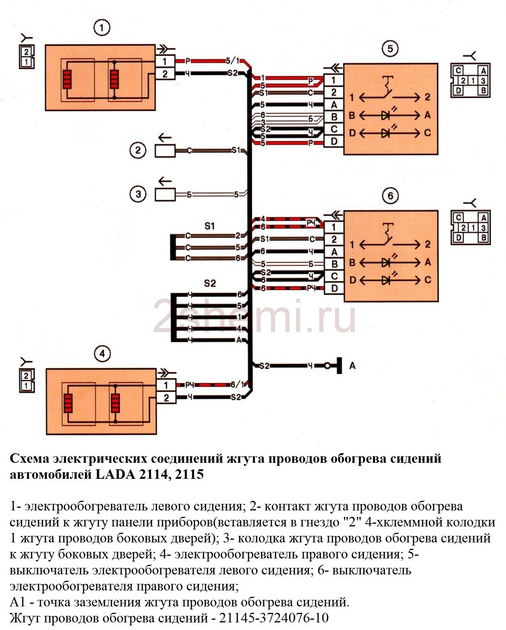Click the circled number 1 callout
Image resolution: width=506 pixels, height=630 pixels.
point(101,28)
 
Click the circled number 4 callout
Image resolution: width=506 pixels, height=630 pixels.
point(102,354)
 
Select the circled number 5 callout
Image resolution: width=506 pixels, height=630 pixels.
point(390,48)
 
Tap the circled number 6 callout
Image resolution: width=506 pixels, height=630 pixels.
point(390,196)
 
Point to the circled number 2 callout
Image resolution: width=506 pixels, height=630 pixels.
point(138,150)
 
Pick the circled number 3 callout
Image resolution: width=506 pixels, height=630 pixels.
point(138,194)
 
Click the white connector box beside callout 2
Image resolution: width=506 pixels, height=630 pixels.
point(165,151)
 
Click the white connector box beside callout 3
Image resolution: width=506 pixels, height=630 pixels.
point(165,195)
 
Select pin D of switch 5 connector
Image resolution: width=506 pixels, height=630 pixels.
point(334,141)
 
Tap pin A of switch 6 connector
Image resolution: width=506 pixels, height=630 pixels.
point(334,252)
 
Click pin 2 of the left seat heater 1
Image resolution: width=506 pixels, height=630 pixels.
point(165,74)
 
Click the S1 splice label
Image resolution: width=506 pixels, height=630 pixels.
point(210,226)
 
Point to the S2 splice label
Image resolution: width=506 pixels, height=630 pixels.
point(210,283)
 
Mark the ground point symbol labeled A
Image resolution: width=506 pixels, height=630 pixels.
point(339,366)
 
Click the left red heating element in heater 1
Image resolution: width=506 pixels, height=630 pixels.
point(67,80)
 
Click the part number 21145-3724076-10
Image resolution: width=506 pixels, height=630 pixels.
point(274,617)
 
